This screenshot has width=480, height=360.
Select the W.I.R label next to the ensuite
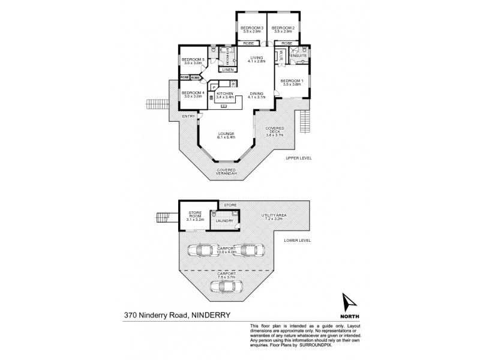280,55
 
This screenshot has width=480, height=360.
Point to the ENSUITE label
299,55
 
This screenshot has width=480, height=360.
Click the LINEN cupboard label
227,70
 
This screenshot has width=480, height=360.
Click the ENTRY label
188,116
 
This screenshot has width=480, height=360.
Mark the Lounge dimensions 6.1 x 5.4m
226,137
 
